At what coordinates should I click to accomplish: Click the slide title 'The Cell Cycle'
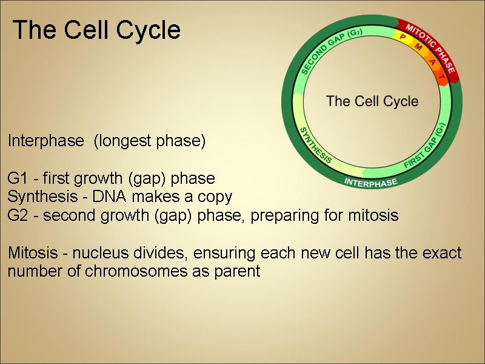(x=96, y=30)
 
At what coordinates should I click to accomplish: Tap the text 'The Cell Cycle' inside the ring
(x=372, y=101)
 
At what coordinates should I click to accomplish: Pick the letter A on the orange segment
(x=432, y=61)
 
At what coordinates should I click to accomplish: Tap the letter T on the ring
(x=441, y=78)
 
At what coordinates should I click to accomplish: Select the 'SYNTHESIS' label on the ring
(x=316, y=146)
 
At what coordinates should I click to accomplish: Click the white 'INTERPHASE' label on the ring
(x=370, y=182)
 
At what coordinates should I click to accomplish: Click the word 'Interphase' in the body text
(x=45, y=141)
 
